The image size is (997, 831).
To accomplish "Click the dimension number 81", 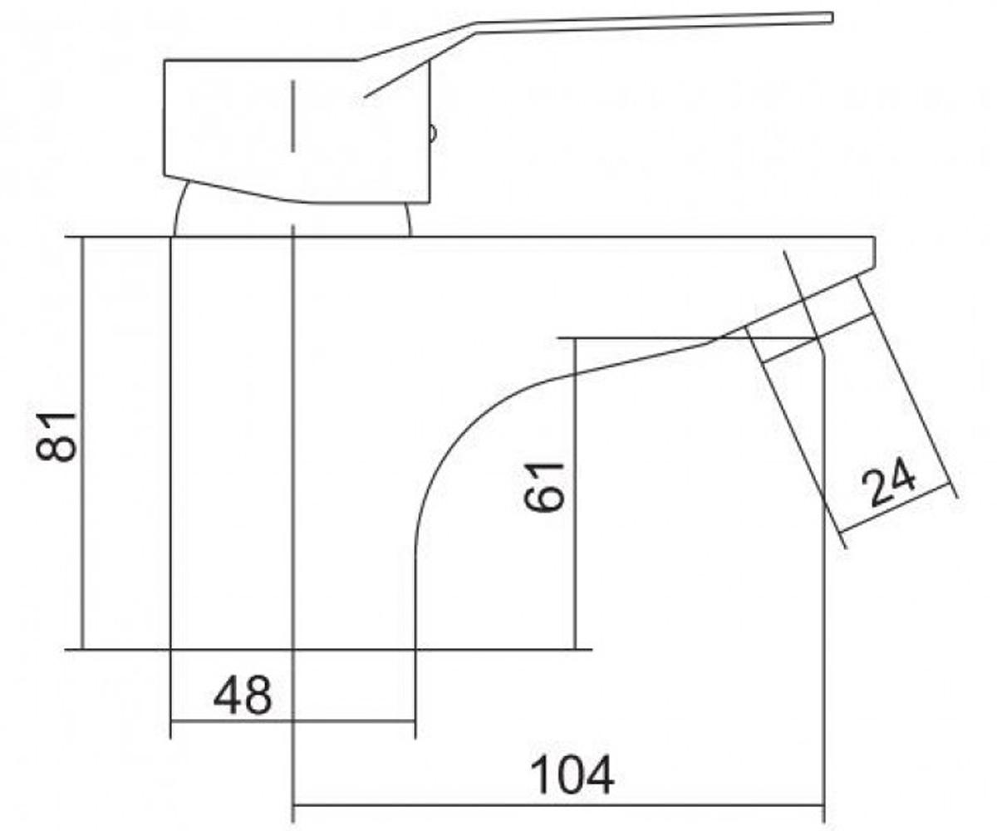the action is (x=56, y=437).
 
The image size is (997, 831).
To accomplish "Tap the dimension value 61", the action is (x=544, y=487).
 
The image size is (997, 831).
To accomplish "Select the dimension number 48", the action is (x=243, y=695).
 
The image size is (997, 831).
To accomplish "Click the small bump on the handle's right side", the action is (x=433, y=133).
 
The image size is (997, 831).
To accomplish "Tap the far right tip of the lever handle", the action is (x=832, y=17).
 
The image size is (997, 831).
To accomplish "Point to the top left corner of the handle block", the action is (x=165, y=60).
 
